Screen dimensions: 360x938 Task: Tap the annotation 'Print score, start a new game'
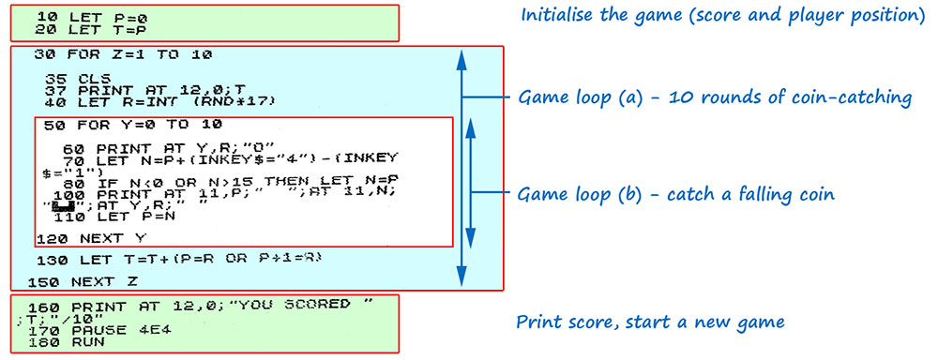point(651,322)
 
